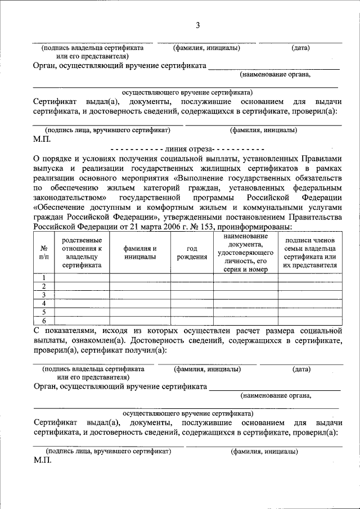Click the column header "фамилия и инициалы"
tap(140, 253)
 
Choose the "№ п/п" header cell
tap(44, 253)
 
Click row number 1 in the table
tap(44, 277)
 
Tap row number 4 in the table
tap(44, 303)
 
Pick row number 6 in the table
tap(44, 321)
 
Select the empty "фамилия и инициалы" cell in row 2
tap(140, 286)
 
